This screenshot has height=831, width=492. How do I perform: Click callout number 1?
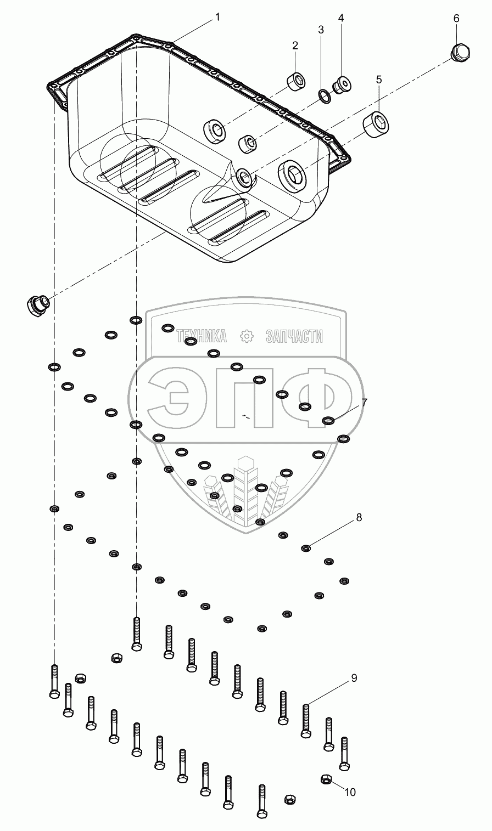[217, 17]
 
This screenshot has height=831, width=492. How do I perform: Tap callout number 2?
[295, 46]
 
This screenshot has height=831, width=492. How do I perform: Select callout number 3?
[322, 30]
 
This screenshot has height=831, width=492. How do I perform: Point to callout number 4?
[341, 18]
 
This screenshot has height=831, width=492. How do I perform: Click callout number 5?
[379, 80]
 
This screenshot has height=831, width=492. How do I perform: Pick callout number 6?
[456, 18]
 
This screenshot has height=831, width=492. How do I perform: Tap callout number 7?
[365, 402]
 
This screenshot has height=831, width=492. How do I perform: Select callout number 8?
[359, 517]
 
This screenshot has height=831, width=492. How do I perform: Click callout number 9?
[354, 678]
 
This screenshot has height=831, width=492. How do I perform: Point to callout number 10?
[350, 792]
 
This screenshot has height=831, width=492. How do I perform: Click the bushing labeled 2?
[297, 82]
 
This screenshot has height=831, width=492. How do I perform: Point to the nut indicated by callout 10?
[325, 779]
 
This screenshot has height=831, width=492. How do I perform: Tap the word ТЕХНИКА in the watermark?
[202, 336]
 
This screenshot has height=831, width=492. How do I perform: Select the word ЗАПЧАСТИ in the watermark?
[294, 336]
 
